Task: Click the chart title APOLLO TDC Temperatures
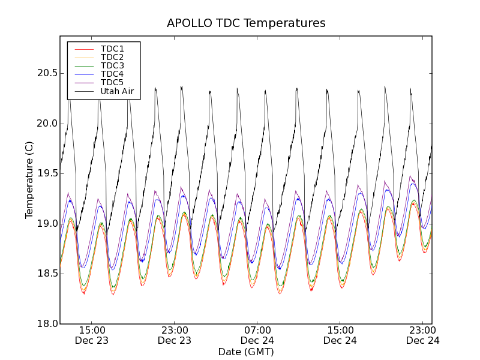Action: click(x=246, y=23)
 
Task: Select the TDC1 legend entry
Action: click(x=112, y=49)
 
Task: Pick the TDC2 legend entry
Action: click(x=112, y=57)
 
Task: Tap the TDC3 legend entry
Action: click(x=112, y=65)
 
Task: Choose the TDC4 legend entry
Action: click(x=112, y=74)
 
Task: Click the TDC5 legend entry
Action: click(x=112, y=82)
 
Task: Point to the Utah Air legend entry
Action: click(x=117, y=91)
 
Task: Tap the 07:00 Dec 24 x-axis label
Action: click(x=257, y=335)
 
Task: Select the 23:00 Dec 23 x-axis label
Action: click(x=175, y=335)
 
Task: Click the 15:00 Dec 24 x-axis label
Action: click(x=340, y=335)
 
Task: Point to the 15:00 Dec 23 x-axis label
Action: click(x=92, y=335)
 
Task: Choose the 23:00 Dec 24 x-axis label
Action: click(x=423, y=335)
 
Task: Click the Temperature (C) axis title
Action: click(x=29, y=180)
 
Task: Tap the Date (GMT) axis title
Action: click(x=246, y=352)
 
